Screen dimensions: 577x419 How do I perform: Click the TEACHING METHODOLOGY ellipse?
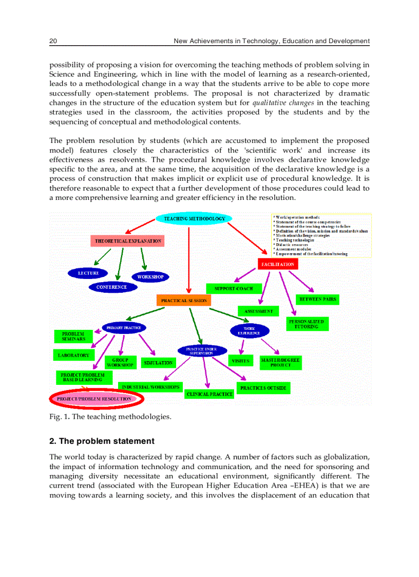click(194, 219)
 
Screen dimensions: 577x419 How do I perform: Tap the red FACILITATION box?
click(277, 264)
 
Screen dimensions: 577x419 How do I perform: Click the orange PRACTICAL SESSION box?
click(184, 301)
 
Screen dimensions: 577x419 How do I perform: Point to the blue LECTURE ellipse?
click(88, 273)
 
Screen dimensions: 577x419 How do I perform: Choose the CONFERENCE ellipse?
click(111, 287)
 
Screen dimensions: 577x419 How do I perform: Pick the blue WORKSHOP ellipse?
click(150, 277)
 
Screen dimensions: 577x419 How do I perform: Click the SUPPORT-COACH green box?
click(234, 289)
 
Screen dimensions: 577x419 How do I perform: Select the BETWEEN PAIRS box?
click(318, 299)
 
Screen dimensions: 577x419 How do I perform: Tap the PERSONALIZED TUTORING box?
click(307, 324)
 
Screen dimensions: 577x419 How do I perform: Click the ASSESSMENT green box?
click(258, 311)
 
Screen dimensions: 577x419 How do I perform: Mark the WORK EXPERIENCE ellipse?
click(249, 330)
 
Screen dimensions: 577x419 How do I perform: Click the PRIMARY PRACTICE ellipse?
click(123, 327)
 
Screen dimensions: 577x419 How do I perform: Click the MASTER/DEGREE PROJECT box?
click(280, 363)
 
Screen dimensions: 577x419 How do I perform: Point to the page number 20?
click(53, 41)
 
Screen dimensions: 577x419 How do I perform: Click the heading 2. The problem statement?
click(102, 441)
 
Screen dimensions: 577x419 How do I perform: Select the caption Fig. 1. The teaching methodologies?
click(110, 416)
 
